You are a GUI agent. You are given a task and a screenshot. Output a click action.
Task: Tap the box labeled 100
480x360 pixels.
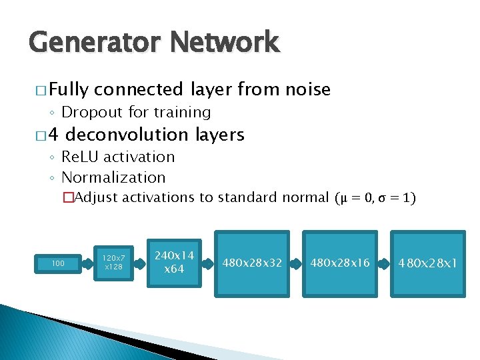click(x=58, y=263)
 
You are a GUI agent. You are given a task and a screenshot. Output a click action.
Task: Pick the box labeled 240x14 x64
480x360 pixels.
click(x=175, y=262)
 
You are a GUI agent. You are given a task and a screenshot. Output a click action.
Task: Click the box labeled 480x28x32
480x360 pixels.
click(x=251, y=263)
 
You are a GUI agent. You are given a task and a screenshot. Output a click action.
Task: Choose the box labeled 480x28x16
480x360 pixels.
click(x=339, y=263)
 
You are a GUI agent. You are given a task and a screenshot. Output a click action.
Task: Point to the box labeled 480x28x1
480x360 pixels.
click(x=428, y=263)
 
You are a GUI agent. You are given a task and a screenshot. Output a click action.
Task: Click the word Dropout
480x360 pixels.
click(x=90, y=113)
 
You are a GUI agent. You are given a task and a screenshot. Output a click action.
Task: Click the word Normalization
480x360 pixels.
click(x=113, y=178)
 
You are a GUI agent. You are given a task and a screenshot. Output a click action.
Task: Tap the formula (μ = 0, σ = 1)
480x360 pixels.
click(x=375, y=198)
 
